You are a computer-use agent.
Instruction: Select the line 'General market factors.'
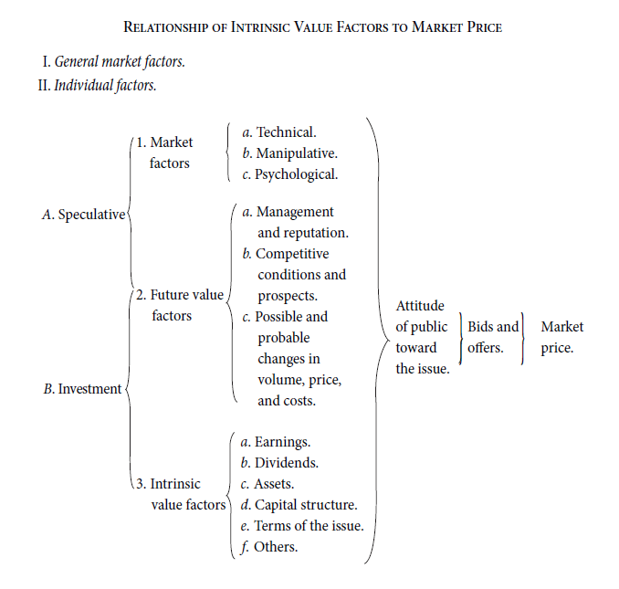click(x=120, y=61)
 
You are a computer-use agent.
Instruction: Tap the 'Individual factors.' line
click(x=105, y=85)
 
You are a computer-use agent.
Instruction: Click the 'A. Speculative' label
click(x=84, y=215)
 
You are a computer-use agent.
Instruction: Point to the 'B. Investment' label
click(x=82, y=389)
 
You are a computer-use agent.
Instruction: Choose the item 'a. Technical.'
click(x=279, y=132)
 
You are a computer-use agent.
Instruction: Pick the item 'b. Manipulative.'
click(x=289, y=153)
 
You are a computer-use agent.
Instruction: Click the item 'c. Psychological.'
click(x=289, y=174)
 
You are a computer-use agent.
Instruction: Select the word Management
click(x=295, y=212)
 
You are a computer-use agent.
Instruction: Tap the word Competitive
click(x=292, y=254)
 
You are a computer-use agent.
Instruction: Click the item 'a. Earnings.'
click(x=276, y=442)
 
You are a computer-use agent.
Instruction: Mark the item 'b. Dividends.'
click(x=279, y=463)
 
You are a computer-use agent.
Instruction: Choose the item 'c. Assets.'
click(x=268, y=484)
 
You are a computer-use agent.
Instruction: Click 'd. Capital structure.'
click(x=299, y=505)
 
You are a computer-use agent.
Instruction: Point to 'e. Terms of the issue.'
click(x=302, y=526)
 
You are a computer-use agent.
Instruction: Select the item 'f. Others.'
click(x=268, y=547)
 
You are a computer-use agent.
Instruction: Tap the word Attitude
click(x=420, y=306)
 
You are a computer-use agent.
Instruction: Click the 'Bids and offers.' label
click(x=493, y=337)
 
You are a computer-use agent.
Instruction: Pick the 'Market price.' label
click(x=562, y=337)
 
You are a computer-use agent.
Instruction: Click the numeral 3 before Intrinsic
click(x=140, y=484)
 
